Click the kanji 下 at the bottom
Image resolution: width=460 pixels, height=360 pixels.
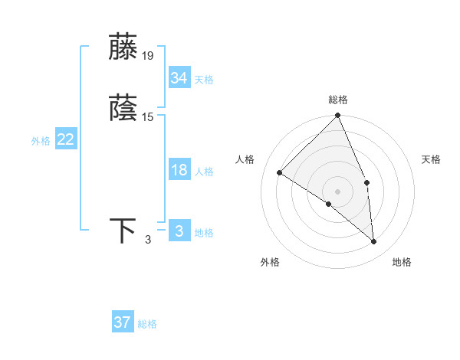[123, 231]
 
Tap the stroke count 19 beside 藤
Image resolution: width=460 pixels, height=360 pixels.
[148, 56]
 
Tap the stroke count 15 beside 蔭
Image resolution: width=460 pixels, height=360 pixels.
[148, 117]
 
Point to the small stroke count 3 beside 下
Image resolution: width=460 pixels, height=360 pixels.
[148, 240]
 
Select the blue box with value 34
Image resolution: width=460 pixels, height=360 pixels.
[179, 78]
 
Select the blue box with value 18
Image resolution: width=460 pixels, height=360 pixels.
[179, 170]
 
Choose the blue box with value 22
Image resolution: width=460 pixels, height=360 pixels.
[66, 139]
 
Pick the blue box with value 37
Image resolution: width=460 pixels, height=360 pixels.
[123, 322]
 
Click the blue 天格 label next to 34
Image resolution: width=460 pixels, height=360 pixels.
[204, 80]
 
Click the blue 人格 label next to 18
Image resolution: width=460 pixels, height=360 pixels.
[204, 172]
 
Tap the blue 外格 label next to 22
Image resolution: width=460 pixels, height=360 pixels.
[41, 141]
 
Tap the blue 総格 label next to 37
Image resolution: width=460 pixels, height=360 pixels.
[148, 324]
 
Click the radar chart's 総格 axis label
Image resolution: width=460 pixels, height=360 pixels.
[338, 100]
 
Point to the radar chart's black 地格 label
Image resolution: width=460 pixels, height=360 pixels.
[402, 263]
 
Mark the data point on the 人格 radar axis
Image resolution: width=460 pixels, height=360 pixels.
[280, 173]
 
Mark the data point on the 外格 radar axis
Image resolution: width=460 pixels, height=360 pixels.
[328, 205]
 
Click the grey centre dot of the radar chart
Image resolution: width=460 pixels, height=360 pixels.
[338, 191]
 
